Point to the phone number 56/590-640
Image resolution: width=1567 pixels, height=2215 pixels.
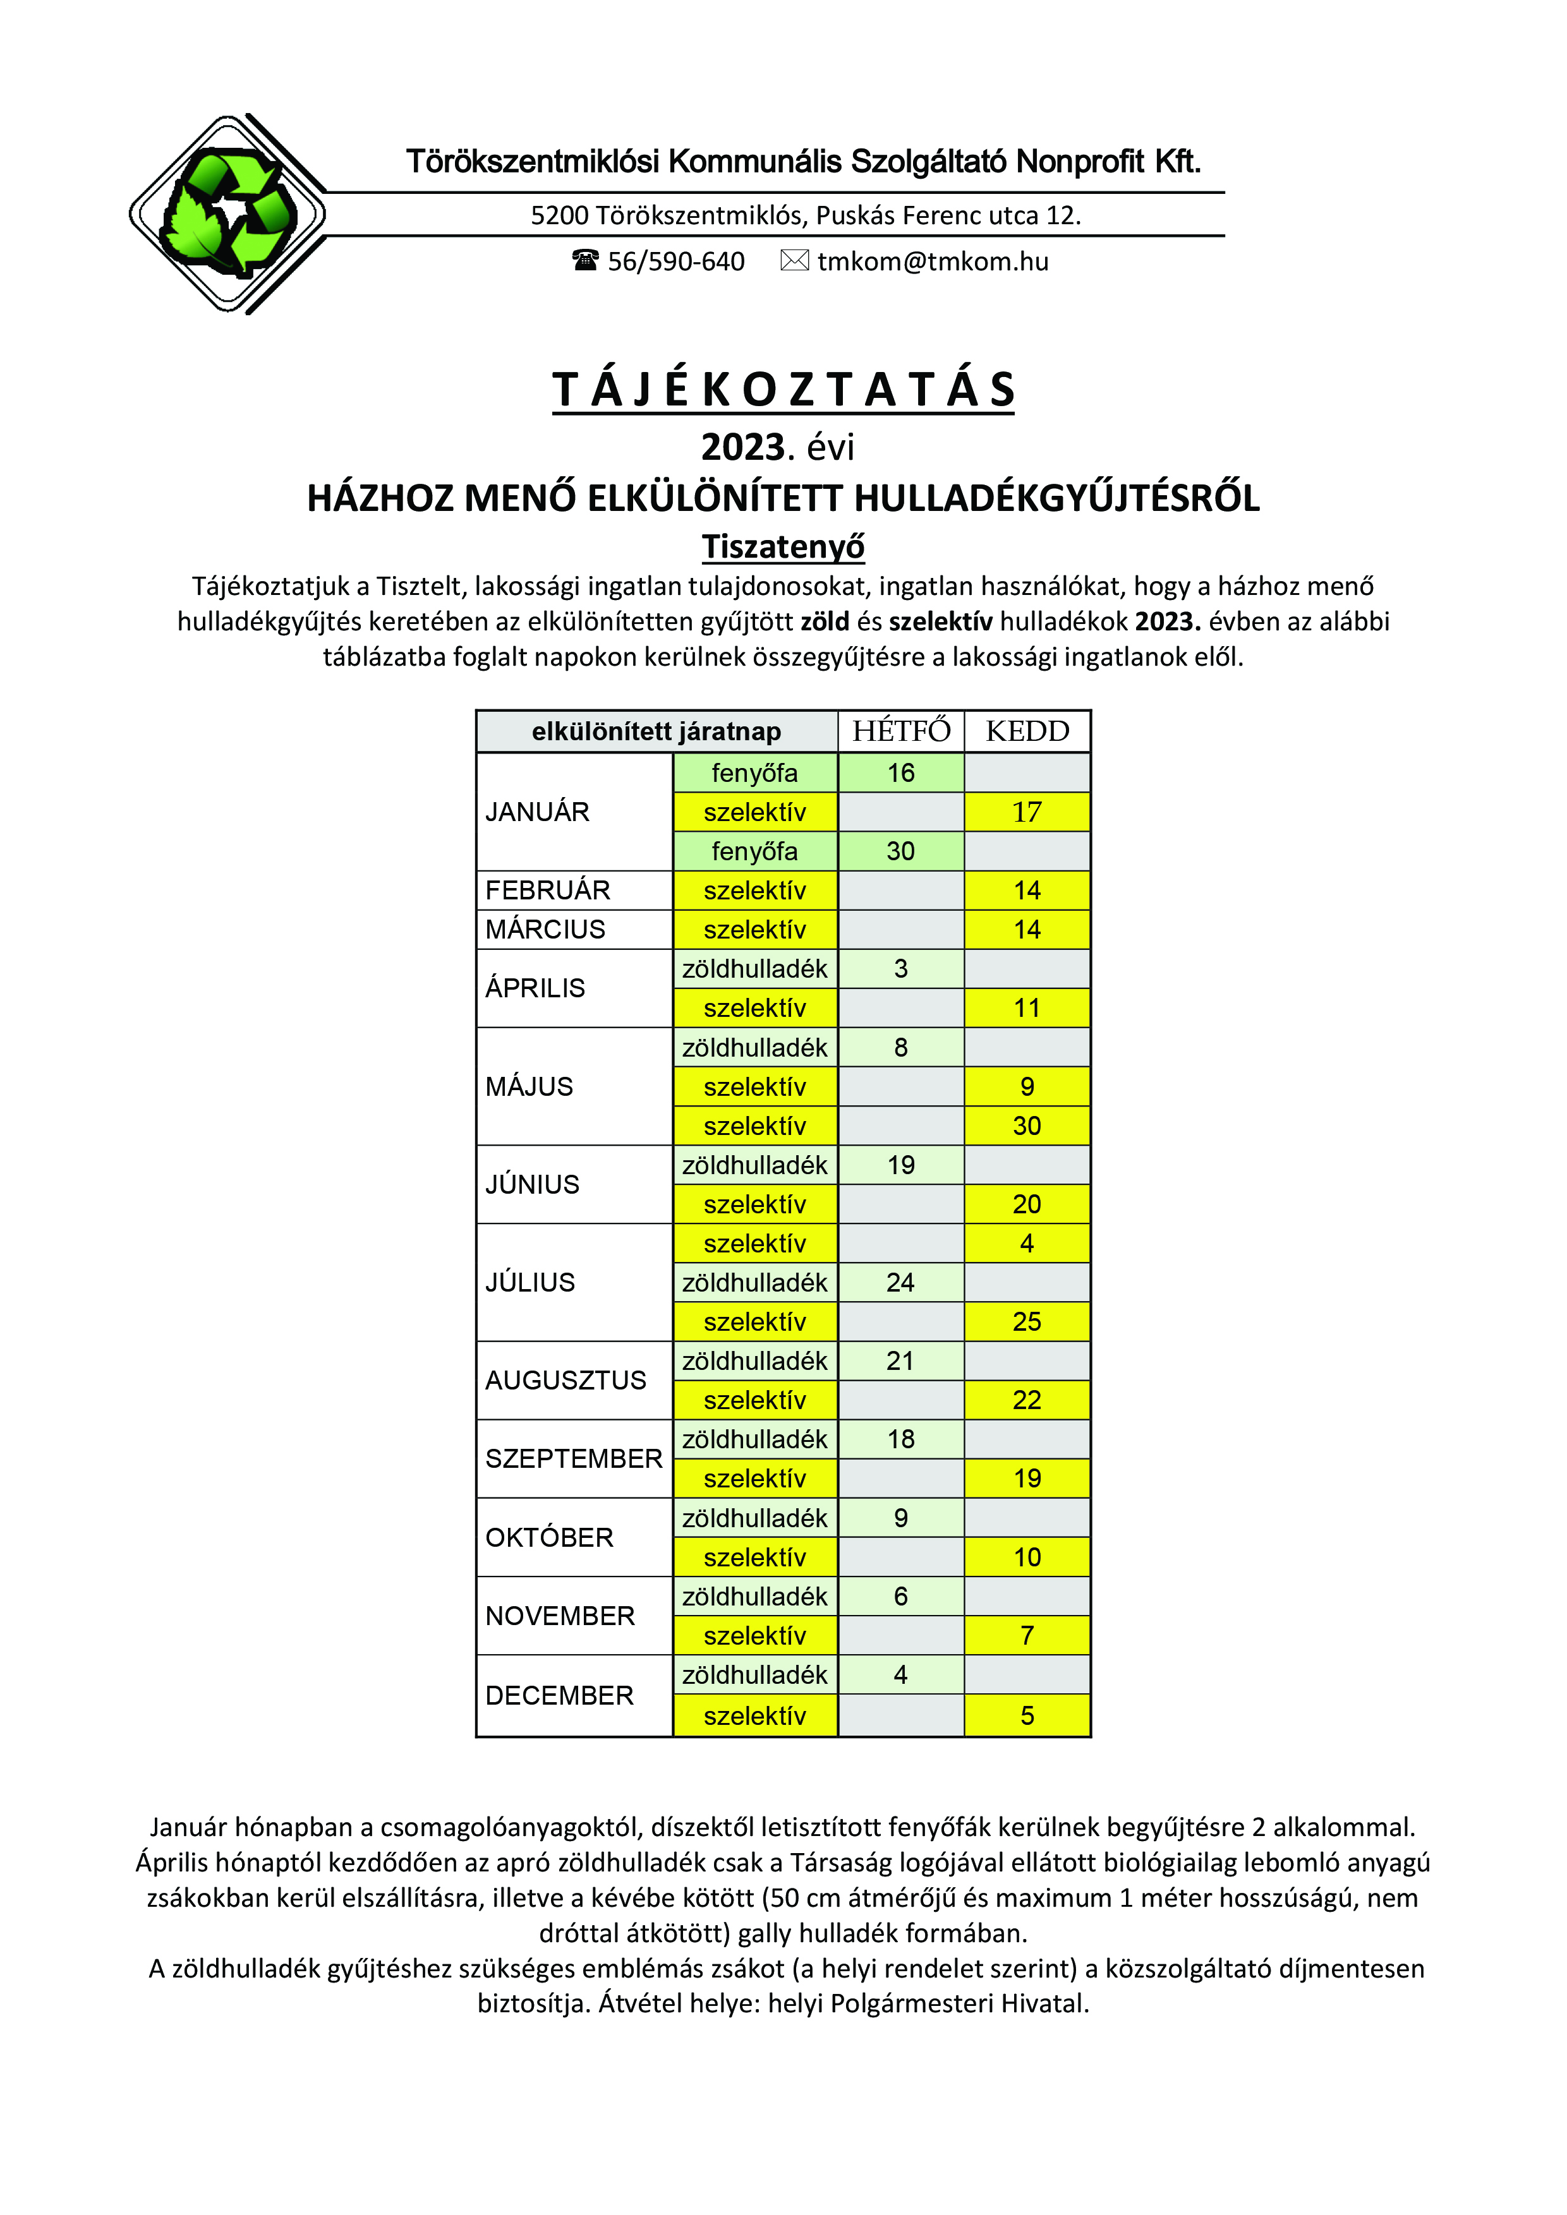click(x=675, y=261)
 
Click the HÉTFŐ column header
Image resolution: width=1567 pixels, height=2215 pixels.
click(x=900, y=731)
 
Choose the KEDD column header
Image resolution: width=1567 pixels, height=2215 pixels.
click(x=1027, y=731)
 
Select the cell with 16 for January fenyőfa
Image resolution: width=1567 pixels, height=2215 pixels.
click(x=900, y=772)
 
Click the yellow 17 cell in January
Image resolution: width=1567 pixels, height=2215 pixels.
click(x=1027, y=812)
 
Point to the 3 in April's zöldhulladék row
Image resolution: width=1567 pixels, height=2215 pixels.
click(x=900, y=969)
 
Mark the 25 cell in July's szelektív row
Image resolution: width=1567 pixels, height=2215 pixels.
click(x=1027, y=1322)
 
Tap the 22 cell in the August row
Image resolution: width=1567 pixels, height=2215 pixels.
click(x=1027, y=1400)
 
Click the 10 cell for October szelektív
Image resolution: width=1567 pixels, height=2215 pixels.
click(x=1027, y=1557)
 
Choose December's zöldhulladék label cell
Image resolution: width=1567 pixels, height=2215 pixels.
click(x=754, y=1675)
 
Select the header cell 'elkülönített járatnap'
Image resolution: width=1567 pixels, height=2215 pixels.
click(x=656, y=731)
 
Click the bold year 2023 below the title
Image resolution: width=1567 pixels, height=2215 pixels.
click(x=742, y=448)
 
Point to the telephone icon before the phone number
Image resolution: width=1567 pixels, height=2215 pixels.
click(x=586, y=260)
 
